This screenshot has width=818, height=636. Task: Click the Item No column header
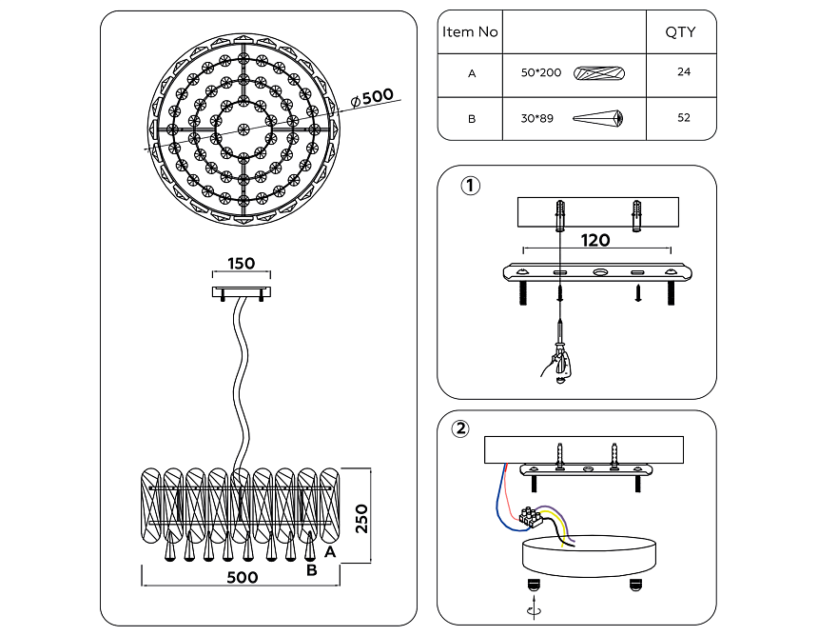[x=470, y=32]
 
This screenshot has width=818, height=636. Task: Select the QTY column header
[x=679, y=32]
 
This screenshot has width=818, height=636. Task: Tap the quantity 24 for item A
[x=683, y=72]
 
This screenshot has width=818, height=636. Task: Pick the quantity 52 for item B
[x=683, y=118]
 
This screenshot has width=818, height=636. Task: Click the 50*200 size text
[x=541, y=72]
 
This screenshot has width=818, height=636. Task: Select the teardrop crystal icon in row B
[x=598, y=118]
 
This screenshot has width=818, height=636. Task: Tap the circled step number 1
[x=470, y=186]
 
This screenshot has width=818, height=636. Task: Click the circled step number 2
[x=460, y=428]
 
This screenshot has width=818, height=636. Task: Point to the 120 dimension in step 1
[x=595, y=240]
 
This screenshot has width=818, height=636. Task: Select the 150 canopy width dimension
[x=241, y=264]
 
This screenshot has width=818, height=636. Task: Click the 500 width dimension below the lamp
[x=242, y=577]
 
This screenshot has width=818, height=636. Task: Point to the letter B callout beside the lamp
[x=311, y=570]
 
